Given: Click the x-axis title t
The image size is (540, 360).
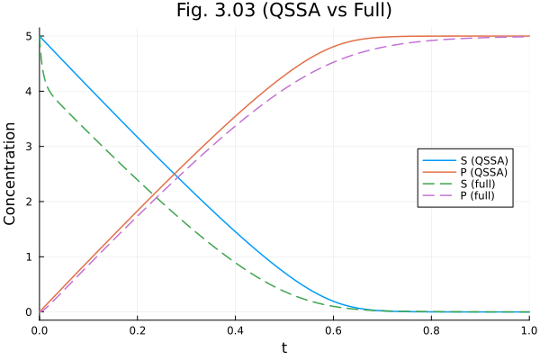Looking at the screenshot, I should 284,347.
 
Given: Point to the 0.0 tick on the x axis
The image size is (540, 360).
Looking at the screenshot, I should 40,330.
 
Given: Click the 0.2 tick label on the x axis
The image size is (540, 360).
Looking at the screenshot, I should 138,330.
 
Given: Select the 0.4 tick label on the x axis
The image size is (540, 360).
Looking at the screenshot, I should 235,330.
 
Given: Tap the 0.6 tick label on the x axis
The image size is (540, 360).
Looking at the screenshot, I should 333,330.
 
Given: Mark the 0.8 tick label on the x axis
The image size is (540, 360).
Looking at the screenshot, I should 431,330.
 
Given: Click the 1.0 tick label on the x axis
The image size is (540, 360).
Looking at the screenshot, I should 527,330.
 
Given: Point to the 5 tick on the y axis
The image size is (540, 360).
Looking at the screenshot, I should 29,36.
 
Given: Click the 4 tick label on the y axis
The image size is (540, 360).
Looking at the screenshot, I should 29,91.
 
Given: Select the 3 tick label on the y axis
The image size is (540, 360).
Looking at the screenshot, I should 29,147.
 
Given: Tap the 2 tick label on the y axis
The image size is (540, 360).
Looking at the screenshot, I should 29,202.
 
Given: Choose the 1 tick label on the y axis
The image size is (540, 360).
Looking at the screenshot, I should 29,256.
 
